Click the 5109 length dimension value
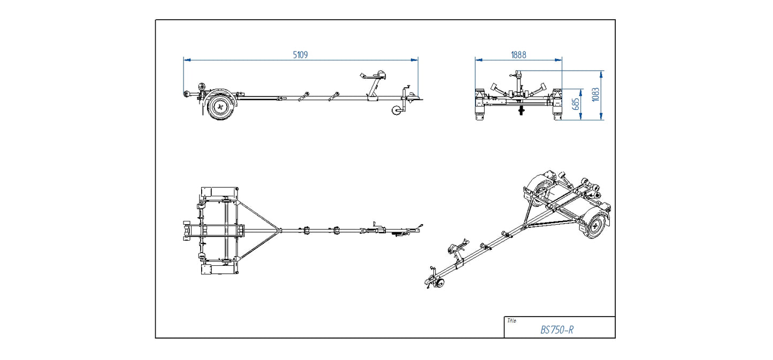[x=300, y=55]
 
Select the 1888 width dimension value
[x=518, y=55]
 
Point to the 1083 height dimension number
[x=596, y=95]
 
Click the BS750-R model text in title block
[x=557, y=330]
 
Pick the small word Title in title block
[x=511, y=321]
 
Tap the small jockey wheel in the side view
[x=397, y=111]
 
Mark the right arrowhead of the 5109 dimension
[x=416, y=60]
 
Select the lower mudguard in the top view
[x=218, y=269]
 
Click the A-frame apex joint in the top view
[x=278, y=231]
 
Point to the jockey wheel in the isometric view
[x=439, y=284]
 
